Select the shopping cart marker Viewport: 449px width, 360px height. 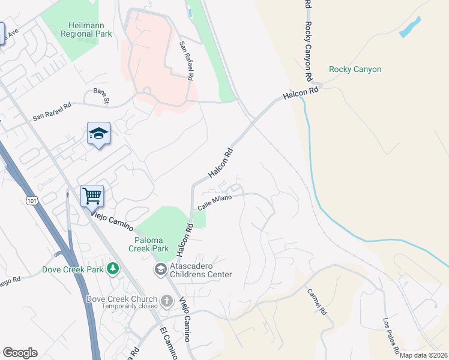pyautogui.click(x=92, y=196)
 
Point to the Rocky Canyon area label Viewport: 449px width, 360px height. pyautogui.click(x=355, y=70)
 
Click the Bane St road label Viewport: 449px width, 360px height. pyautogui.click(x=100, y=96)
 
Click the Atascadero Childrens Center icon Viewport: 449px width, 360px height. pyautogui.click(x=161, y=269)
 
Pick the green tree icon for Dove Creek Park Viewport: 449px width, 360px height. pyautogui.click(x=112, y=269)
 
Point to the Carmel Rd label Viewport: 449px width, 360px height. pyautogui.click(x=316, y=302)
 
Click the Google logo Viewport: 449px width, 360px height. pyautogui.click(x=20, y=353)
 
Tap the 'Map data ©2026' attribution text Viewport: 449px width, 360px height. pyautogui.click(x=423, y=355)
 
